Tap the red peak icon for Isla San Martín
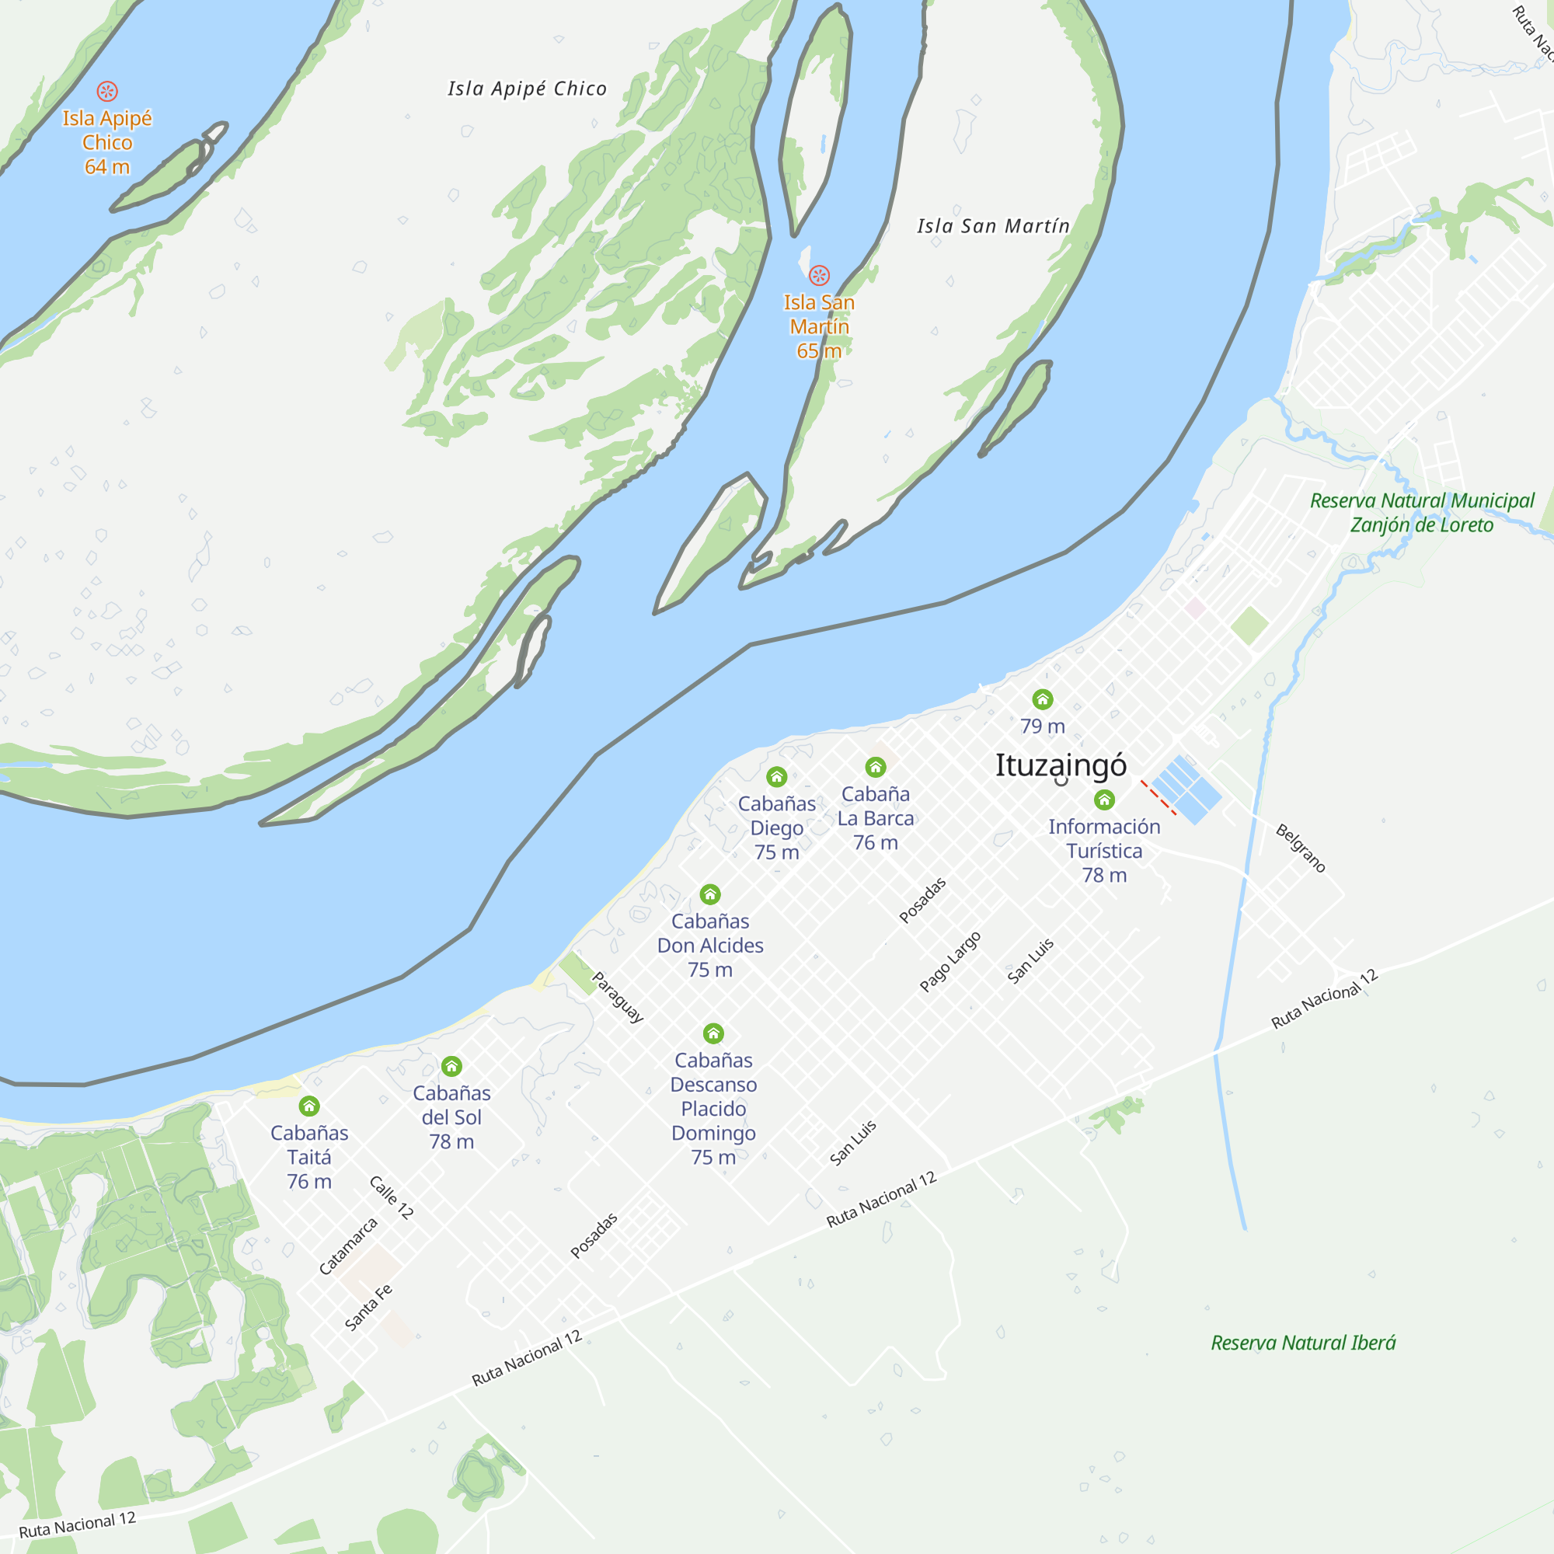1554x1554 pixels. [x=819, y=276]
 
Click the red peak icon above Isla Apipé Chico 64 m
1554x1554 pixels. [x=107, y=92]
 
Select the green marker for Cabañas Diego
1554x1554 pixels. [x=776, y=776]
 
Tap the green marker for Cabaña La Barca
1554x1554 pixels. [x=875, y=767]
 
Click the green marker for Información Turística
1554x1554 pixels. [x=1103, y=800]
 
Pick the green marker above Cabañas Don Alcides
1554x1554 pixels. [x=709, y=894]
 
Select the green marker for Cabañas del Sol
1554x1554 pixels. [x=451, y=1067]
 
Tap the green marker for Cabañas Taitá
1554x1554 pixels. [x=309, y=1106]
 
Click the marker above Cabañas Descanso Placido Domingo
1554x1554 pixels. [x=713, y=1033]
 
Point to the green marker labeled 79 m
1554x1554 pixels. [x=1042, y=699]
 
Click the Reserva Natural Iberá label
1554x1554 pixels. [x=1303, y=1343]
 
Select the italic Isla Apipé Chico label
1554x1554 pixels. [x=527, y=89]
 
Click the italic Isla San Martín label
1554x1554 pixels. [x=992, y=226]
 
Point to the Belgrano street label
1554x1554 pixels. [x=1300, y=848]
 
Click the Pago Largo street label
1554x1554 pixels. [x=950, y=961]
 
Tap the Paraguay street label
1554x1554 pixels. [x=618, y=998]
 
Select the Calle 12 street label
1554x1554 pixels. [x=391, y=1197]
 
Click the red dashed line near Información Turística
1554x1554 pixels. [x=1159, y=798]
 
